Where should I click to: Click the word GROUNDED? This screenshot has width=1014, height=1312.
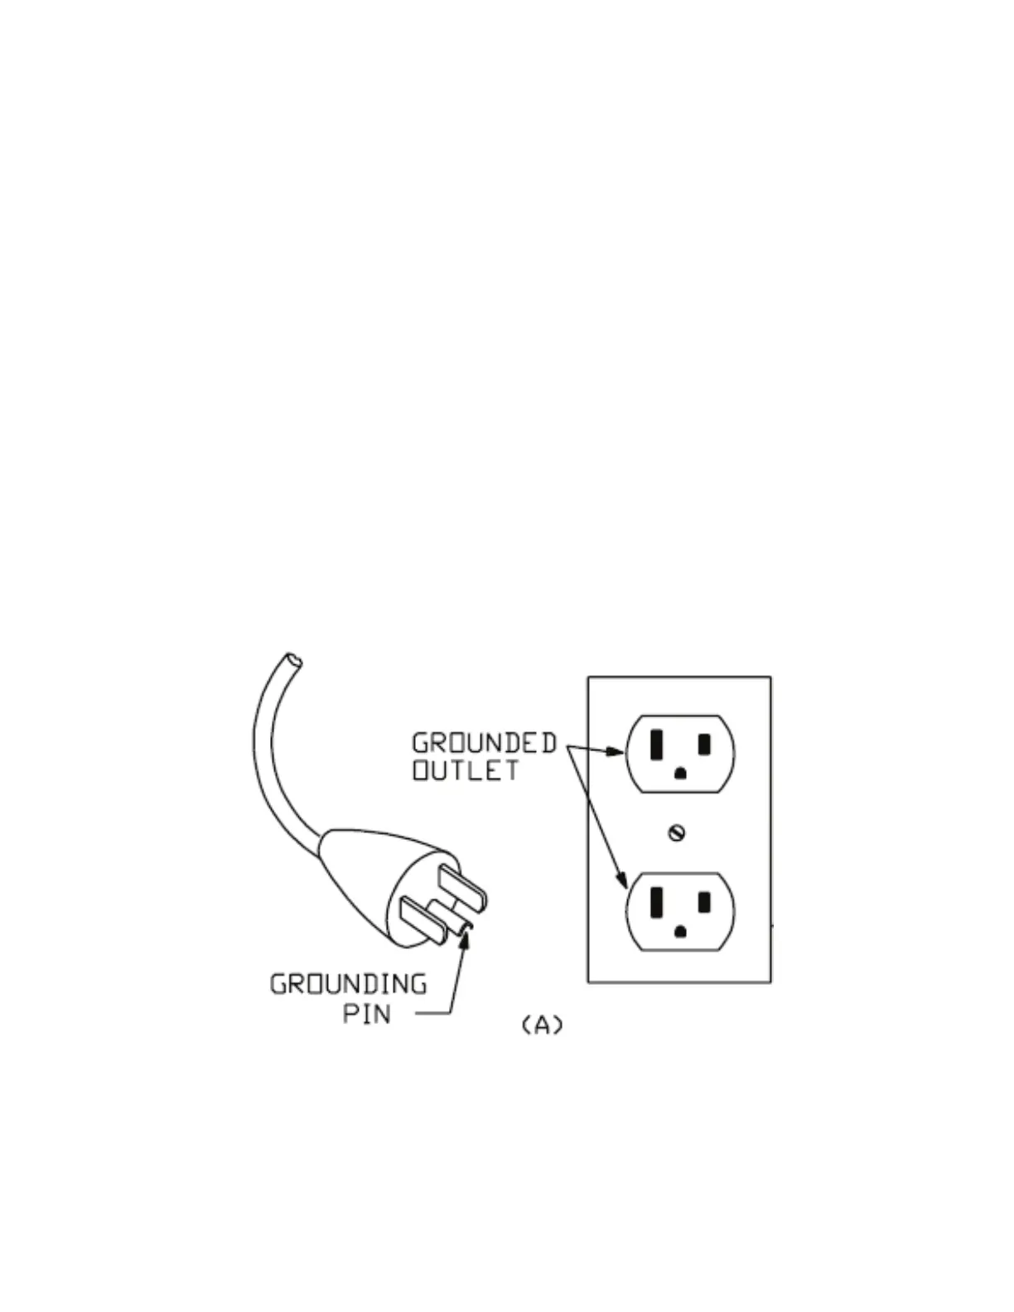(484, 743)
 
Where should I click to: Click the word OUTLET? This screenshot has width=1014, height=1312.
(466, 770)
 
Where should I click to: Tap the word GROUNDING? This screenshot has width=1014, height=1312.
(349, 984)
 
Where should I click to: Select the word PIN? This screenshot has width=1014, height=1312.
(366, 1013)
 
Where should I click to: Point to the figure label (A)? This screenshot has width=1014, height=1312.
(542, 1025)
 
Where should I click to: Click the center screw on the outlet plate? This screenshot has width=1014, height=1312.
(677, 832)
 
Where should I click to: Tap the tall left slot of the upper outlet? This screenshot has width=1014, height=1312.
(656, 745)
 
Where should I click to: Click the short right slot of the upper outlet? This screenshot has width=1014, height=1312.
(704, 744)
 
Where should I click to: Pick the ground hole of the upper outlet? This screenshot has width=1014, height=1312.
(681, 774)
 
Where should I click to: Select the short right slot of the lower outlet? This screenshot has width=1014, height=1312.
(704, 901)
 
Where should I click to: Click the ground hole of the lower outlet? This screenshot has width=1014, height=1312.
(681, 931)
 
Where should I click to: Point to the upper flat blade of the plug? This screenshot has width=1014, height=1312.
(464, 886)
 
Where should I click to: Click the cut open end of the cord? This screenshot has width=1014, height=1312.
(292, 660)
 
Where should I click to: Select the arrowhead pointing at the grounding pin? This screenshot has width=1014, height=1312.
(464, 938)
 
